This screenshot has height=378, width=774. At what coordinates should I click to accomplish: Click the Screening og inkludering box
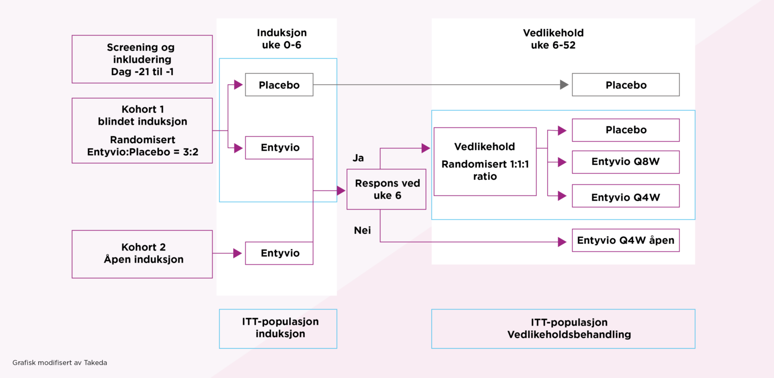[x=142, y=59]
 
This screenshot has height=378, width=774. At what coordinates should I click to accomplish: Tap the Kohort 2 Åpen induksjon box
[x=142, y=254]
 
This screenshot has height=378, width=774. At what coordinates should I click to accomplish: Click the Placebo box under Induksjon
[x=279, y=85]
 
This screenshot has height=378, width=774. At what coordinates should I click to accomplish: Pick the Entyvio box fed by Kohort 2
[x=279, y=253]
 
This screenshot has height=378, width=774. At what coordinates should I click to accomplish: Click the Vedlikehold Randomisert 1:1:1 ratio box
[x=485, y=161]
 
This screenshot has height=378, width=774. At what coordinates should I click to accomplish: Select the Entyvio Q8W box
[x=625, y=162]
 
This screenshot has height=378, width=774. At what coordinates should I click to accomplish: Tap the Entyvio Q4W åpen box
[x=625, y=240]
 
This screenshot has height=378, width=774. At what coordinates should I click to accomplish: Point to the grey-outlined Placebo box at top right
[x=625, y=85]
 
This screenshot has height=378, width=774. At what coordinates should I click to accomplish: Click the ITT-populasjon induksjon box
[x=278, y=328]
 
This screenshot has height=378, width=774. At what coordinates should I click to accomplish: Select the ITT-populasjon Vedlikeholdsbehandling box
[x=563, y=328]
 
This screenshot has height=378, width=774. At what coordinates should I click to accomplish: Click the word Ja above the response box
[x=358, y=158]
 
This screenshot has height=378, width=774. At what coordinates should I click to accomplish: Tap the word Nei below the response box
[x=362, y=230]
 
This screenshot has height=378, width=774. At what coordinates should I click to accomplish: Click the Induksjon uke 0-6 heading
[x=282, y=38]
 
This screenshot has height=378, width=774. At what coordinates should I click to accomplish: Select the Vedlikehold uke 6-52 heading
[x=553, y=38]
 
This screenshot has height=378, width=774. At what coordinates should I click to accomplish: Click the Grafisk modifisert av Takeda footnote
[x=59, y=362]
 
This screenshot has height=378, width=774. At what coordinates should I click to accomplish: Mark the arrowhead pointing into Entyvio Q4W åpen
[x=562, y=242]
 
